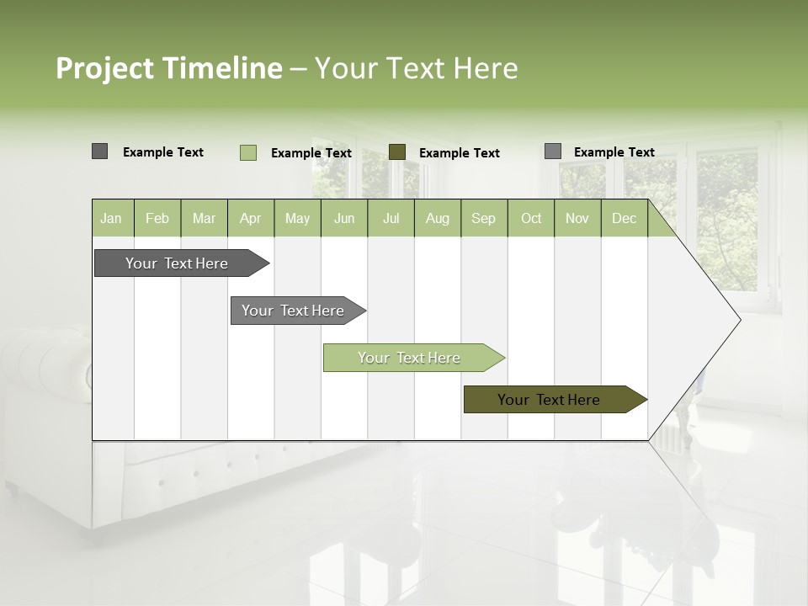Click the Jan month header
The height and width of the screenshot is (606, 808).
(x=111, y=218)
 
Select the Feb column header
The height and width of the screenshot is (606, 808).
(x=157, y=218)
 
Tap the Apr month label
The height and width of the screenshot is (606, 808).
(x=250, y=218)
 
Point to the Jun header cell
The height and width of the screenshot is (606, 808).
(x=344, y=218)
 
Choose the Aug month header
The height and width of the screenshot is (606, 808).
(x=438, y=218)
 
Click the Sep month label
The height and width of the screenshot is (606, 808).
(x=483, y=218)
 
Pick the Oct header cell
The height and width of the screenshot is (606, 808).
(x=531, y=218)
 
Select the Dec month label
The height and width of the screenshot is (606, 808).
(x=624, y=218)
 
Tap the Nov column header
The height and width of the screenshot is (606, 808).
(x=577, y=218)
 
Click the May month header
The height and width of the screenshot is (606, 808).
(x=297, y=218)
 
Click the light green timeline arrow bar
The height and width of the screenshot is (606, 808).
(x=412, y=358)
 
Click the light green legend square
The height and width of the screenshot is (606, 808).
(x=248, y=152)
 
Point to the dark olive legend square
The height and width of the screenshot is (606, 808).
(x=397, y=152)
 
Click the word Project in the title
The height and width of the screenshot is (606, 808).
(x=105, y=68)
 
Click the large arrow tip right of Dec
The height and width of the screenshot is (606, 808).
(x=707, y=320)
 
